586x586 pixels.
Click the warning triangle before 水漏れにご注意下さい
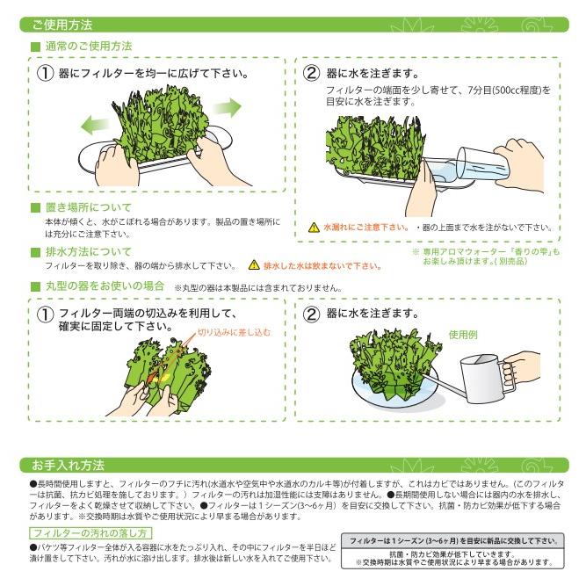click(314, 227)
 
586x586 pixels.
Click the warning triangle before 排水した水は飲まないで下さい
click(255, 264)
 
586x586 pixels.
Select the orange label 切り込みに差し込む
click(234, 333)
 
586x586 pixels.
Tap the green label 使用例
click(462, 334)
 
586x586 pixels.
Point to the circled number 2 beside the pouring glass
click(311, 73)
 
